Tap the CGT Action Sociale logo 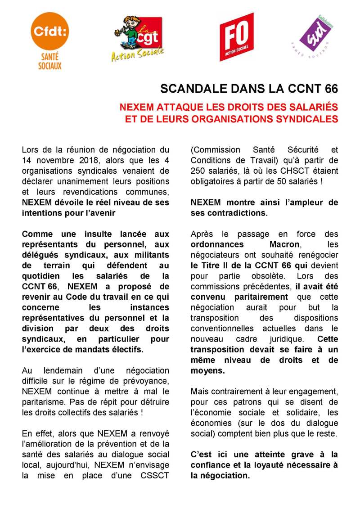coord(138,39)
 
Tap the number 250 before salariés coord(198,171)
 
